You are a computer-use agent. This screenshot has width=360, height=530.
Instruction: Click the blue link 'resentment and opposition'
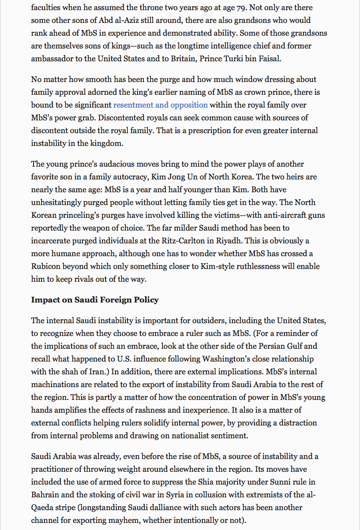tap(160, 105)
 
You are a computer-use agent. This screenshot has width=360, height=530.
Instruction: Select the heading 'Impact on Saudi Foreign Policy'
tap(94, 300)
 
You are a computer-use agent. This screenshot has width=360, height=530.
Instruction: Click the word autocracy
tap(127, 177)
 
